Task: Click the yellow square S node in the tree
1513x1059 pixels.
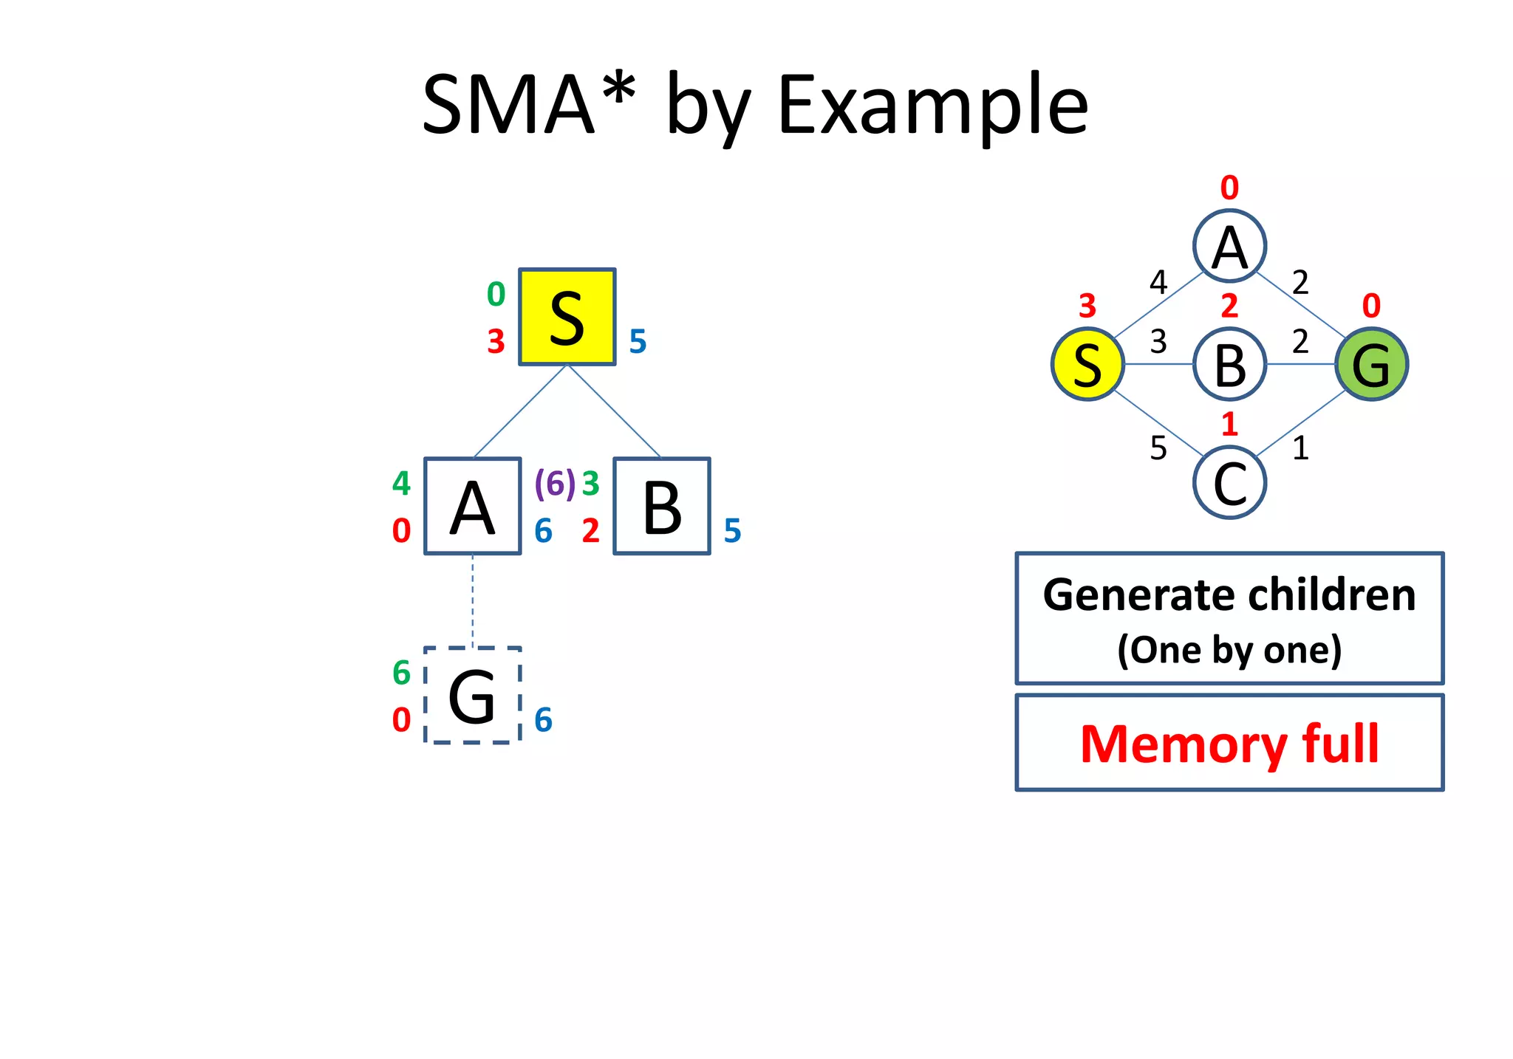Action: pyautogui.click(x=567, y=317)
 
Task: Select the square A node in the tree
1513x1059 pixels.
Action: pyautogui.click(x=472, y=506)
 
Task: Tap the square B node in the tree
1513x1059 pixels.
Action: pyautogui.click(x=662, y=506)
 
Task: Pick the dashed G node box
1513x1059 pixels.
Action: pyautogui.click(x=472, y=695)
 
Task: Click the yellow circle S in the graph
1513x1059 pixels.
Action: pyautogui.click(x=1087, y=364)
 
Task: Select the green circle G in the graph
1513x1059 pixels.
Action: pyautogui.click(x=1371, y=364)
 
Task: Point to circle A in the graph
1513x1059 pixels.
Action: pyautogui.click(x=1229, y=246)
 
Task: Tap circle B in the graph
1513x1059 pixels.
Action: pyautogui.click(x=1229, y=364)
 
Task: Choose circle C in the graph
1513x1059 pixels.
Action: pyautogui.click(x=1229, y=483)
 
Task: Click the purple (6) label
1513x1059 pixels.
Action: pyautogui.click(x=554, y=484)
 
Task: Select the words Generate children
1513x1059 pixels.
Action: pyautogui.click(x=1229, y=594)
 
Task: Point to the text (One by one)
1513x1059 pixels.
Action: pyautogui.click(x=1229, y=650)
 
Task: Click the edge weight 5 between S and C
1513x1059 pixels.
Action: pyautogui.click(x=1158, y=448)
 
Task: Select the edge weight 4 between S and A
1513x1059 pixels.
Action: pyautogui.click(x=1158, y=282)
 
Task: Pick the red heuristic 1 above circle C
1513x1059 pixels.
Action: pyautogui.click(x=1229, y=424)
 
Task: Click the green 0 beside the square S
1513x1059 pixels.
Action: pyautogui.click(x=496, y=295)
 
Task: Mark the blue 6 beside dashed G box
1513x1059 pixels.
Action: pyautogui.click(x=543, y=720)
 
